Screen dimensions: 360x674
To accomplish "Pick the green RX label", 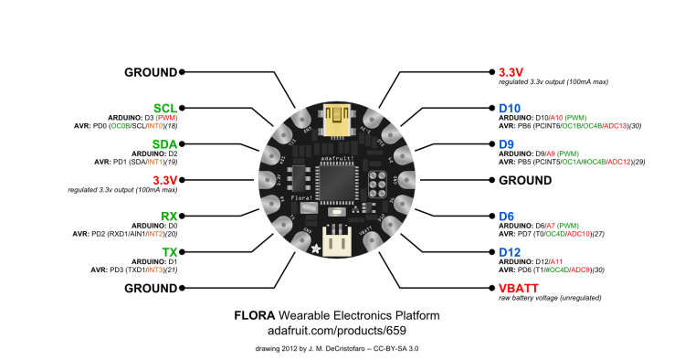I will (168, 216).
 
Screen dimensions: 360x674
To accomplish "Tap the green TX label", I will (169, 251).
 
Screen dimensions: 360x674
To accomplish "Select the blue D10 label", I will (511, 108).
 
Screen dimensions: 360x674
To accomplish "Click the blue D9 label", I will (508, 143).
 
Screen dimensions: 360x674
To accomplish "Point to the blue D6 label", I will (508, 216).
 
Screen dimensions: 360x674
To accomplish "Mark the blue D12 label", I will (511, 251).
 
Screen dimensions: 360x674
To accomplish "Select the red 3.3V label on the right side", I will (514, 71).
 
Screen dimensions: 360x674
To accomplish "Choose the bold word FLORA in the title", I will (256, 315).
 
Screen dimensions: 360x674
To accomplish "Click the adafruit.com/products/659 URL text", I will (337, 331).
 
